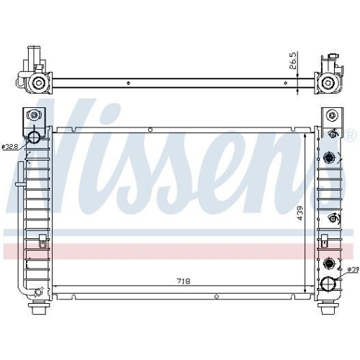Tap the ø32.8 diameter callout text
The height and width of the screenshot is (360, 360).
coord(11,147)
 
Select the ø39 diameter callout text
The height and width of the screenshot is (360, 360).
coord(352,270)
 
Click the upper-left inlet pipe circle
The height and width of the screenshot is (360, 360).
coord(35,137)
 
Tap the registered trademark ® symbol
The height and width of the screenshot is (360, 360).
coord(351,135)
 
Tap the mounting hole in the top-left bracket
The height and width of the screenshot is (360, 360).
coord(33,114)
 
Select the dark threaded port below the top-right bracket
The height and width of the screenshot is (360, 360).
coord(330,157)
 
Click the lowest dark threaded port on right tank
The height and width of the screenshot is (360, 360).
coord(330,262)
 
